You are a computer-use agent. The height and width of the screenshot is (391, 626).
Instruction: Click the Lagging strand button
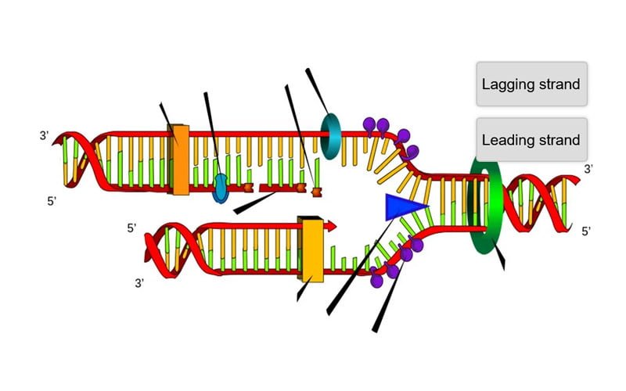pyautogui.click(x=532, y=84)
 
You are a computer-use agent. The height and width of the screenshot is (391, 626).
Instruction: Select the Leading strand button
pyautogui.click(x=532, y=140)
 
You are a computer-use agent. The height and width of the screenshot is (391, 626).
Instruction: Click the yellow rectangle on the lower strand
pyautogui.click(x=311, y=249)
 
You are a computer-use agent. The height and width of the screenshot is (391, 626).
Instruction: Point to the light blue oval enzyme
pyautogui.click(x=220, y=188)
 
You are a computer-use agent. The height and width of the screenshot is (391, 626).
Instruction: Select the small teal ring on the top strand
pyautogui.click(x=331, y=136)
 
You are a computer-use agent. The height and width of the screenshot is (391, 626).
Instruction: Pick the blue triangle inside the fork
pyautogui.click(x=403, y=207)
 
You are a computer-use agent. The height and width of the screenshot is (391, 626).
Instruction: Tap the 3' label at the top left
pyautogui.click(x=44, y=135)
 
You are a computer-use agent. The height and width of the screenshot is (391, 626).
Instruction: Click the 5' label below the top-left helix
pyautogui.click(x=52, y=202)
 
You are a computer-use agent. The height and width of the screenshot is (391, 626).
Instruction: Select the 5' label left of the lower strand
pyautogui.click(x=131, y=228)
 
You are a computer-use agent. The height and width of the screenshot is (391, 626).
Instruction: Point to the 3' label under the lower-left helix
pyautogui.click(x=139, y=283)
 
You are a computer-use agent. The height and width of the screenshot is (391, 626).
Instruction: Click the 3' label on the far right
pyautogui.click(x=588, y=169)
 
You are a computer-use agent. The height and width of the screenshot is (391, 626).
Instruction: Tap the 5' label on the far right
pyautogui.click(x=585, y=231)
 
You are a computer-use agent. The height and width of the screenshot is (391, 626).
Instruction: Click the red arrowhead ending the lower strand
pyautogui.click(x=331, y=226)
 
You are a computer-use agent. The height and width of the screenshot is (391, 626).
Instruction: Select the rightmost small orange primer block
pyautogui.click(x=317, y=192)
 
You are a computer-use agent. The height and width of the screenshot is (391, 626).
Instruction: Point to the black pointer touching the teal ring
pyautogui.click(x=317, y=91)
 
